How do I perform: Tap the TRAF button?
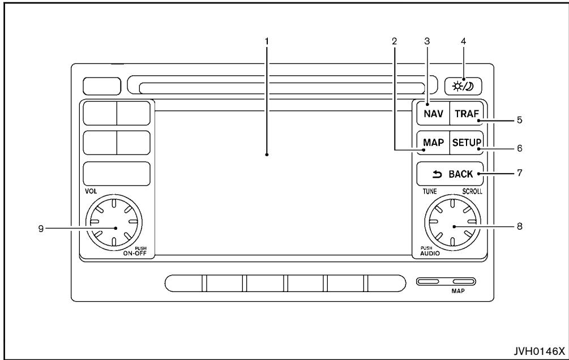click(467, 114)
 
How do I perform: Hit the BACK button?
click(449, 174)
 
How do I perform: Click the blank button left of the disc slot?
click(102, 85)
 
